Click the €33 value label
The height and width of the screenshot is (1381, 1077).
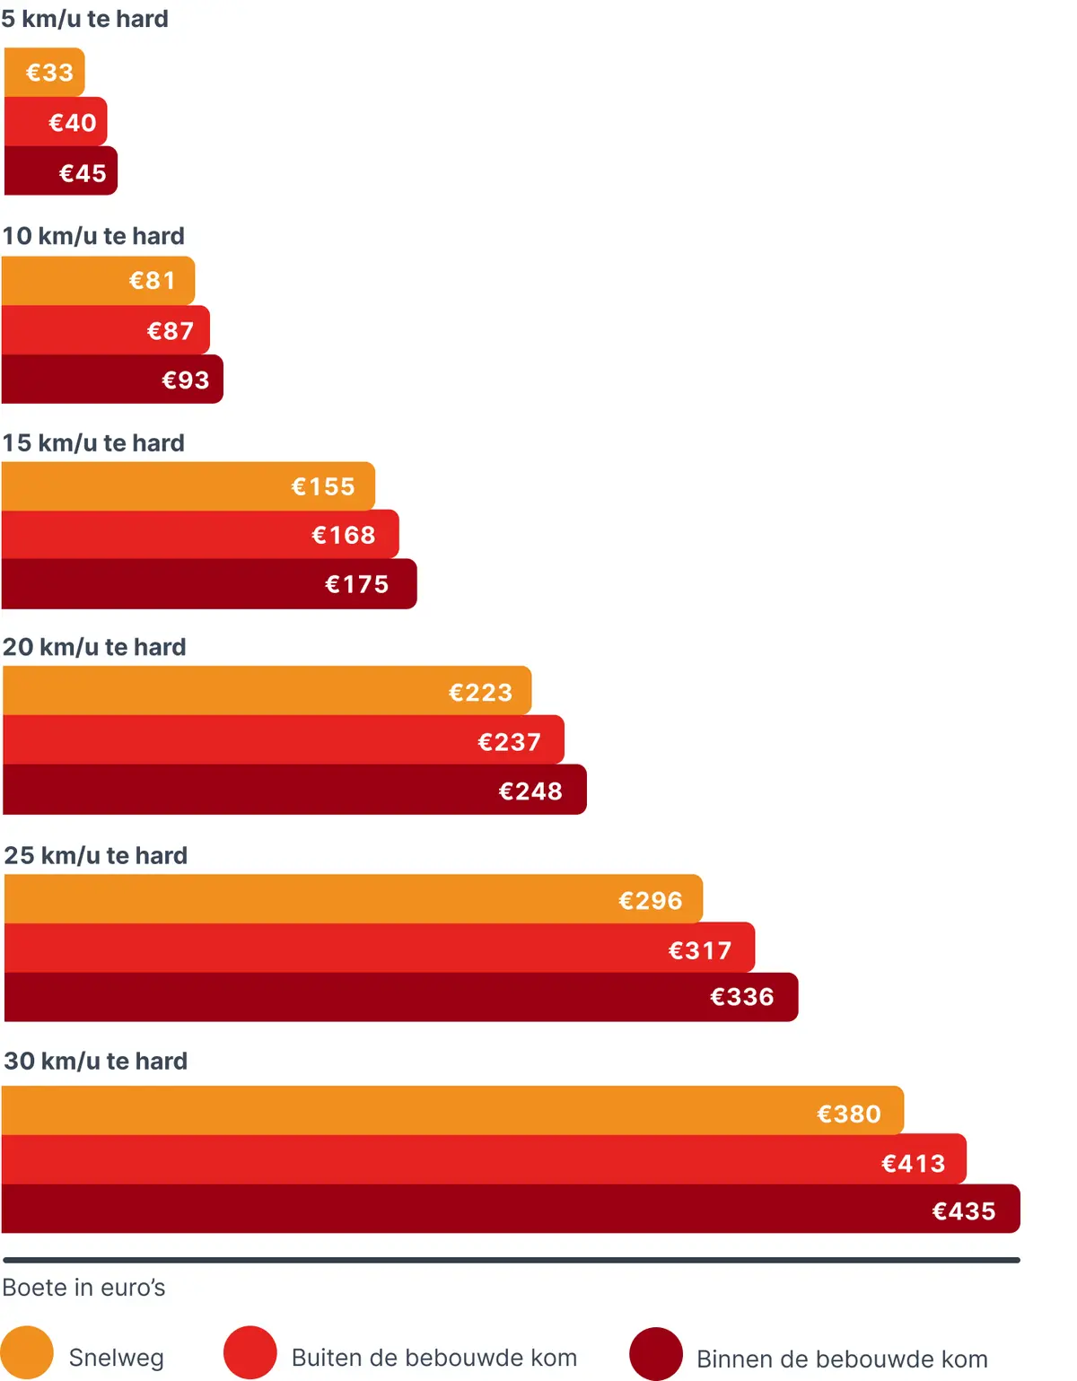point(49,73)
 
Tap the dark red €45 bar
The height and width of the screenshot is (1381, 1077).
point(61,170)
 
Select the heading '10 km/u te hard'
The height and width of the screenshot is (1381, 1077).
point(93,236)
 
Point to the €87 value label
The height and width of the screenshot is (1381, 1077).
point(171,330)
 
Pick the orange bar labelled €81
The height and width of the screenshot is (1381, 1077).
point(99,280)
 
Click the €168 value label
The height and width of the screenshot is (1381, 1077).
point(344,535)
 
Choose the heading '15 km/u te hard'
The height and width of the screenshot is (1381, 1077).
point(93,443)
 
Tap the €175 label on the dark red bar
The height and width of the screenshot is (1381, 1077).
point(357,584)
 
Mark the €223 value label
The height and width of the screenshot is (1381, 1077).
point(480,692)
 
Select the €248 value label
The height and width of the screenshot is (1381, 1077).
point(530,791)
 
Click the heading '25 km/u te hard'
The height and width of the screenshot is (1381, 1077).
point(96,855)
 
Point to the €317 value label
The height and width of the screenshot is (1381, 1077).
point(700,950)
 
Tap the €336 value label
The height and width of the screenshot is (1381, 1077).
point(742,997)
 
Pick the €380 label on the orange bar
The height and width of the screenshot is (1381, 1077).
point(849,1114)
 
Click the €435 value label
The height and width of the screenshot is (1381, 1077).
point(964,1211)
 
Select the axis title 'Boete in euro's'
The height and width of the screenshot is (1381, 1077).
point(83,1287)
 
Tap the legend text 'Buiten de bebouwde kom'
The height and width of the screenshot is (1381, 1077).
point(434,1358)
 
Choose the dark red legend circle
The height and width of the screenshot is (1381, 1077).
point(656,1353)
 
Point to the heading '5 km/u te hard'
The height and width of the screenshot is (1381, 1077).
point(85,19)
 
